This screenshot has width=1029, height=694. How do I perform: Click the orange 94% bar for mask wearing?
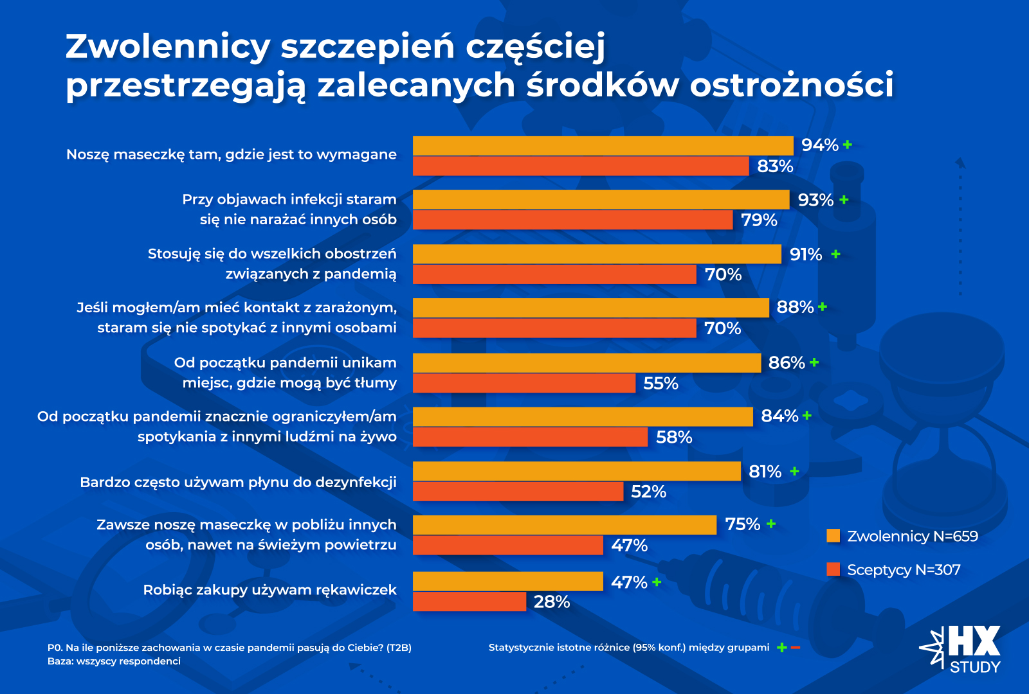point(603,146)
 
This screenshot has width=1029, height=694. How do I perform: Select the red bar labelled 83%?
point(581,166)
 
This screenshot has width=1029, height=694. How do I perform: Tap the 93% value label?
point(815,200)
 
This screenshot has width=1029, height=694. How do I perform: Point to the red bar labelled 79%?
point(572,220)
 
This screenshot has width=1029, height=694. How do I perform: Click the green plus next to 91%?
point(835,254)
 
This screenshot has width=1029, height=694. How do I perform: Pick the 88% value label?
point(795,307)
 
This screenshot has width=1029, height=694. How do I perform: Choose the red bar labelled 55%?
point(524,383)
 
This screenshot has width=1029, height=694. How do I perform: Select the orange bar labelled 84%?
point(583,416)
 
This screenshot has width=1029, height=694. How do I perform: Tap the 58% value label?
point(674,438)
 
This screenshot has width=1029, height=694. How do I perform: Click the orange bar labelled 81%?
point(577,471)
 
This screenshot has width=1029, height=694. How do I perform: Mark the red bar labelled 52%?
point(518,492)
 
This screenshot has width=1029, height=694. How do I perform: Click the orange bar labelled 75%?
point(565,525)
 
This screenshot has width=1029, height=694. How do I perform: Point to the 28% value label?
point(552,602)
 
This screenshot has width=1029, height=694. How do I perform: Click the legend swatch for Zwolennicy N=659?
point(833,536)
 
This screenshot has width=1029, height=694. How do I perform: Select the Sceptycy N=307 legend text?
point(904,570)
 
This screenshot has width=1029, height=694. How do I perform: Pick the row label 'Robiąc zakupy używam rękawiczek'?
point(269,590)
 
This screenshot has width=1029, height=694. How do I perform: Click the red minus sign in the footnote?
point(796,647)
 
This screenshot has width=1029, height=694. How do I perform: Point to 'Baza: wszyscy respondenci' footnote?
point(114,661)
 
